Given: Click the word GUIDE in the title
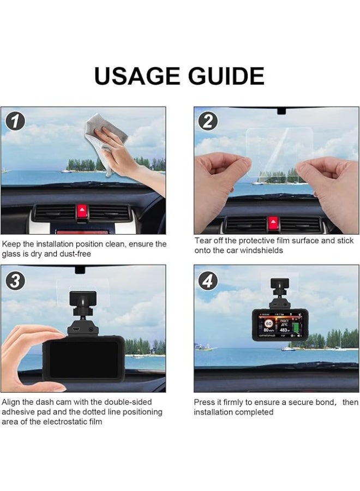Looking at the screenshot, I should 227,76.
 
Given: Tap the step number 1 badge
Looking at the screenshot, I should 15,121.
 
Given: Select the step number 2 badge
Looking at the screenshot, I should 208,121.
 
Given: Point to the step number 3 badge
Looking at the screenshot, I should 15,281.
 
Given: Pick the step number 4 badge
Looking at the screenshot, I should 208,281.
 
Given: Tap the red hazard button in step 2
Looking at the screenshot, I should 272,222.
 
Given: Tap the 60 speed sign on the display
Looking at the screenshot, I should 268,323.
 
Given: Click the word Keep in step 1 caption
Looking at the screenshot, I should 13,244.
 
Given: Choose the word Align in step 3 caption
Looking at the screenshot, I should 11,402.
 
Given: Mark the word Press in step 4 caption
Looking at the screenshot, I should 205,402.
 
